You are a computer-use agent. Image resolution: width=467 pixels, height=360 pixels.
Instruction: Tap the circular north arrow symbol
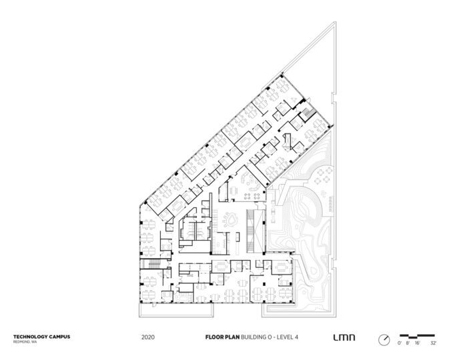[384, 339]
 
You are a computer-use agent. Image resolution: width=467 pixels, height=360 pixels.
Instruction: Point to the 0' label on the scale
[400, 343]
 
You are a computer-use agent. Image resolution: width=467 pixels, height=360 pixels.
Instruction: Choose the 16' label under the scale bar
[418, 343]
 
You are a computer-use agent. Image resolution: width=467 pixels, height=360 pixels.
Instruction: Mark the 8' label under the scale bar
[408, 343]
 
